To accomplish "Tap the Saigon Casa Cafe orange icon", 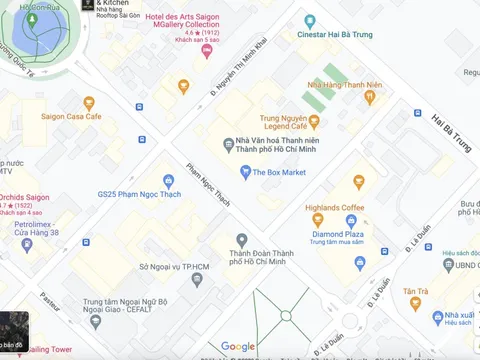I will (x=89, y=103).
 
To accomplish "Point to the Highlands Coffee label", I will (x=337, y=207).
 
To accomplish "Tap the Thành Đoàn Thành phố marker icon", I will (x=241, y=240).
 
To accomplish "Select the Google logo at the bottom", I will (x=238, y=346).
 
